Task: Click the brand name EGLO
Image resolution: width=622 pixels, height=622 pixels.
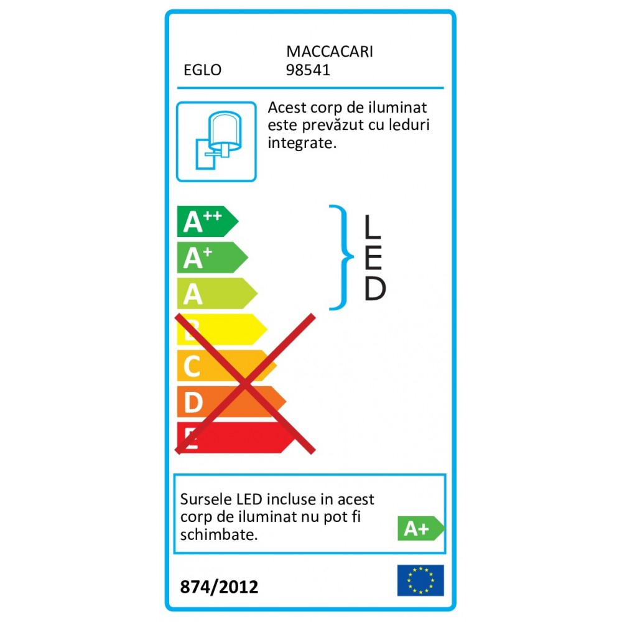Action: pos(202,70)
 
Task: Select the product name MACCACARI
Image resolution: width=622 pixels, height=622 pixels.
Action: pos(329,52)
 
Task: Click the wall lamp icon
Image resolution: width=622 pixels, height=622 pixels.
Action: pos(216,141)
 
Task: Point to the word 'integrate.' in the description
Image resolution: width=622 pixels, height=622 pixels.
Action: pos(302,143)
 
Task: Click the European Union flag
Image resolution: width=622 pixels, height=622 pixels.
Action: pos(420,580)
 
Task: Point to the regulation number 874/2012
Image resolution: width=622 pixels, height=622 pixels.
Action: pos(218,587)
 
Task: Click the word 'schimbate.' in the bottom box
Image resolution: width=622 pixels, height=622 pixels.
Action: pos(218,534)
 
